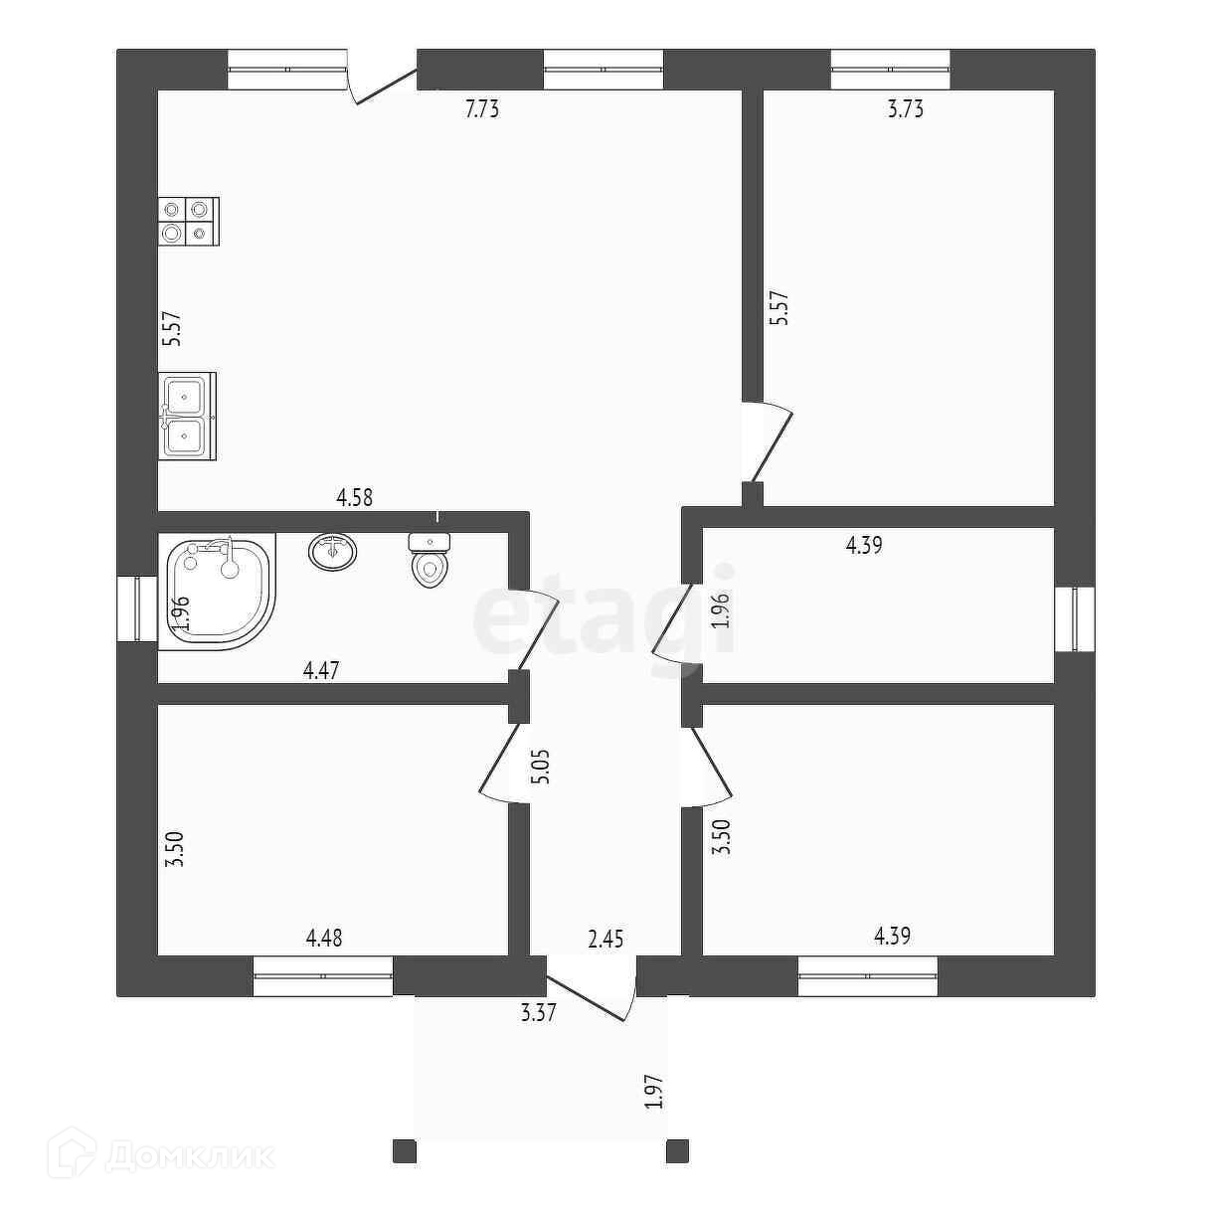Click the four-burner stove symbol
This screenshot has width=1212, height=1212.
tap(188, 222)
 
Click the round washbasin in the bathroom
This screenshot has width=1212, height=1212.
tap(333, 551)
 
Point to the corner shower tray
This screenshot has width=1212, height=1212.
tap(219, 592)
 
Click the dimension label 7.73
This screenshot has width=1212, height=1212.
tap(482, 109)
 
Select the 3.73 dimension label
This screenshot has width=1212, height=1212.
tap(905, 109)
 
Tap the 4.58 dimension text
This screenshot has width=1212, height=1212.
tap(354, 497)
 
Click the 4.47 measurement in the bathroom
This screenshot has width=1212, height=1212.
tap(321, 670)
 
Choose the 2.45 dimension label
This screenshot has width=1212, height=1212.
tap(606, 939)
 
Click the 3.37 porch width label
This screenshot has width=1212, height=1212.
tap(538, 1013)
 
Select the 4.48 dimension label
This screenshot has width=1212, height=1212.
tap(324, 937)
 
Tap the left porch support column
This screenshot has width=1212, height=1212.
tap(404, 1150)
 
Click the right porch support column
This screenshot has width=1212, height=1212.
tap(678, 1150)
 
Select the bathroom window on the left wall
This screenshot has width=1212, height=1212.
tap(131, 609)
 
